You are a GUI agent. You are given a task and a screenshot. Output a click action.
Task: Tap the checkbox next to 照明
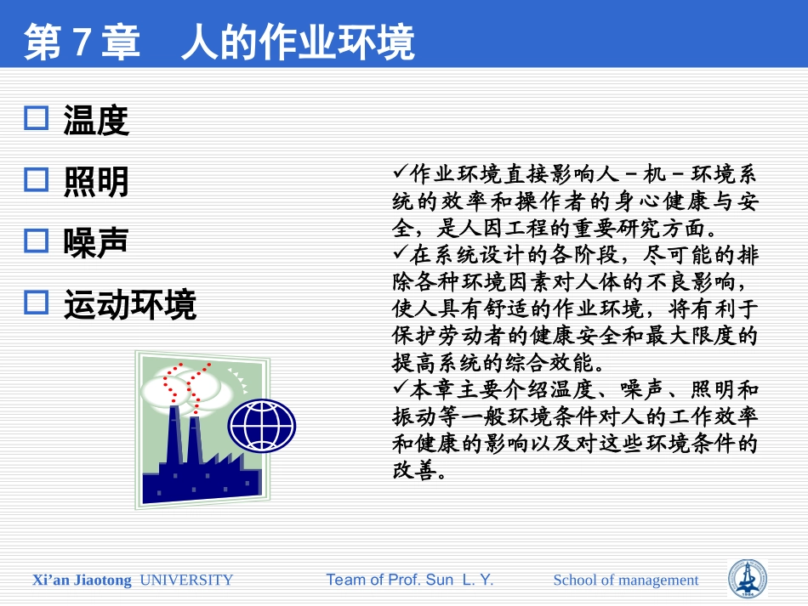coord(37,179)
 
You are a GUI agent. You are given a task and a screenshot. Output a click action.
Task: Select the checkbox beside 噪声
coord(37,241)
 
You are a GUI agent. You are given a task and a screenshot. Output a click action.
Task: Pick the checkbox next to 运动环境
coord(37,303)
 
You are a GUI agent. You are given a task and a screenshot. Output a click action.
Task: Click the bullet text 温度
coord(96,121)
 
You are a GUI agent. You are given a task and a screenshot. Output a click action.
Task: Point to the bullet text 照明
coord(96,182)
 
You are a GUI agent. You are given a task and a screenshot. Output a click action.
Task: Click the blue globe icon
coord(263,426)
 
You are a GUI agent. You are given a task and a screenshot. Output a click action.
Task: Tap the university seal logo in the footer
coord(748,579)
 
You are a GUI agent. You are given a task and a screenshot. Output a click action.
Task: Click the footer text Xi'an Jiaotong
coord(82,581)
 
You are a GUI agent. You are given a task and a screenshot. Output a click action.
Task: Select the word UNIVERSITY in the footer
coord(186,581)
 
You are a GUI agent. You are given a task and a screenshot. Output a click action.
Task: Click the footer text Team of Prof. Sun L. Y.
coord(410,581)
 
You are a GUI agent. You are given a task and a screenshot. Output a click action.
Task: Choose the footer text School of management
coord(625,581)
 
